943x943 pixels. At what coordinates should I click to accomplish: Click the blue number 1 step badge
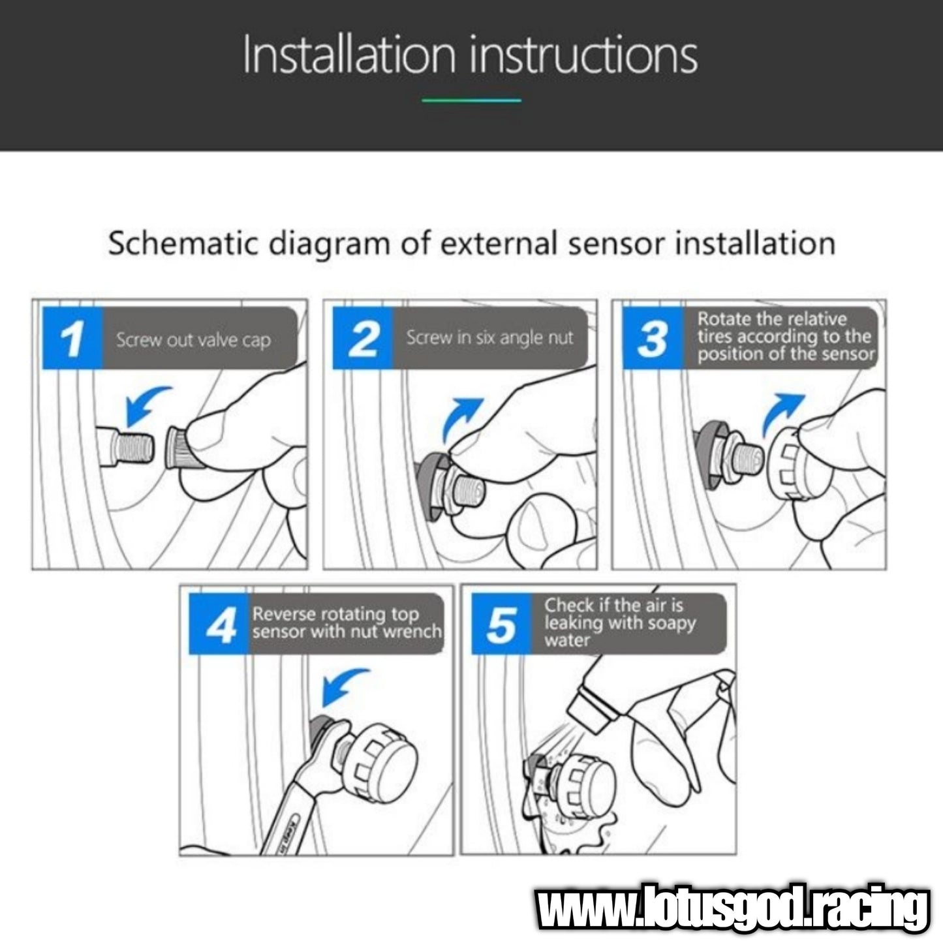tap(73, 338)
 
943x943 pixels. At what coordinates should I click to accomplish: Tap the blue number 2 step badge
tap(363, 338)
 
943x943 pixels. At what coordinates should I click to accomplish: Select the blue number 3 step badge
tap(653, 338)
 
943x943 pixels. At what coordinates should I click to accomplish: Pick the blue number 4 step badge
tap(219, 624)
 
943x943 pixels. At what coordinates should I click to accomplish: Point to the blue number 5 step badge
tap(502, 624)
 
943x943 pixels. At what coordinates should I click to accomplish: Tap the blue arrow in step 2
tap(460, 418)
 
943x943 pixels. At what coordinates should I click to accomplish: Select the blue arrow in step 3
tap(782, 414)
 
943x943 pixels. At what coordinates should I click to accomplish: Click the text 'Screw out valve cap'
tap(193, 340)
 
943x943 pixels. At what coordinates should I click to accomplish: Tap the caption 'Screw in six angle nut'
tap(489, 337)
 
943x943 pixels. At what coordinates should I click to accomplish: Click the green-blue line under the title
tap(471, 100)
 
